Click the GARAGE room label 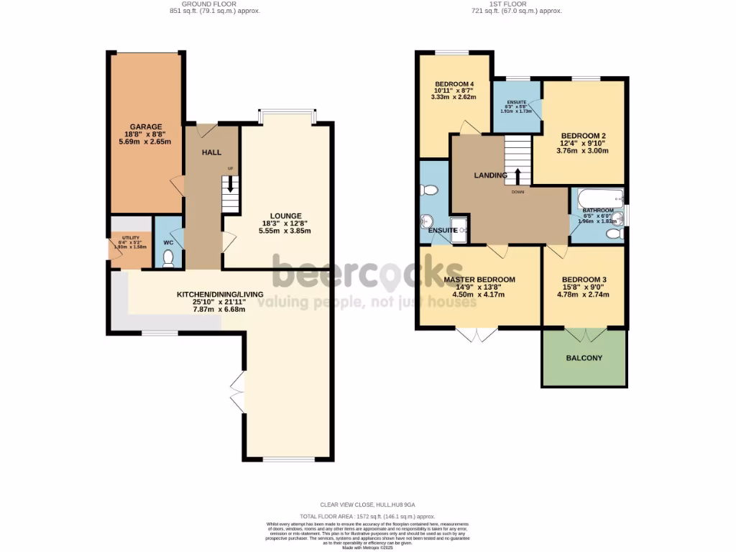pos(146,127)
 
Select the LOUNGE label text pos(285,216)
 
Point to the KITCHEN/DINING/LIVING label pos(221,295)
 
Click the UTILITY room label pos(130,238)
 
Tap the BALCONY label pos(584,358)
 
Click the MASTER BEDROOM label pos(479,280)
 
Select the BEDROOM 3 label pos(584,280)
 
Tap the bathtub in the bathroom pos(596,198)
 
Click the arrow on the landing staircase pos(517,175)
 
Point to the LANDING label pos(490,175)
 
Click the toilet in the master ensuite pos(429,190)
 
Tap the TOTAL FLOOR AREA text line pos(367,516)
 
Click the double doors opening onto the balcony pos(586,335)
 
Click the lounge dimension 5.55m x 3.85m pos(285,231)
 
